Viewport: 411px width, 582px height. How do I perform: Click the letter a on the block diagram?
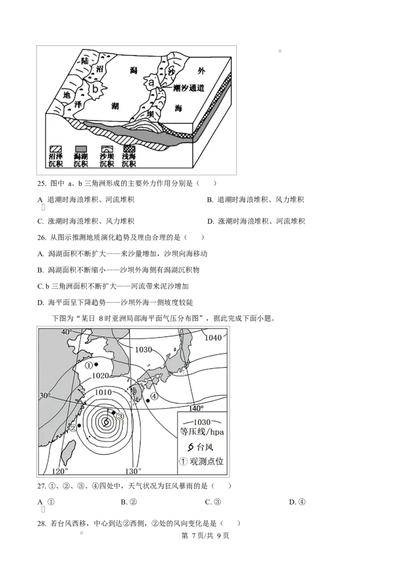[152, 82]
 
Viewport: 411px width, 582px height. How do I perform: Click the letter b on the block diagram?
[95, 89]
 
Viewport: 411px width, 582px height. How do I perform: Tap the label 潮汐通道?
[189, 88]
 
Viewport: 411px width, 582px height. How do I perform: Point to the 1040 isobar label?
[213, 338]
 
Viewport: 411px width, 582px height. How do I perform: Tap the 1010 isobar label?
[103, 392]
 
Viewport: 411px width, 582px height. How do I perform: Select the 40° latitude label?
[67, 332]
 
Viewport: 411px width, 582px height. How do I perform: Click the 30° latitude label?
[45, 395]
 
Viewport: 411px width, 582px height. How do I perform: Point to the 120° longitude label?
[61, 471]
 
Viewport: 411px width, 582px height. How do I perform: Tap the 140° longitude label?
[196, 408]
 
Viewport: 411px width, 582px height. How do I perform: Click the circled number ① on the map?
[88, 365]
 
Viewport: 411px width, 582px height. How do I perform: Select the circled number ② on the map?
[73, 427]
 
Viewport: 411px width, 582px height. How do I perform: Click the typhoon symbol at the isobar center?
[106, 422]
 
